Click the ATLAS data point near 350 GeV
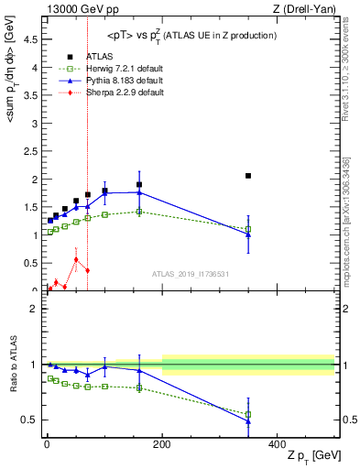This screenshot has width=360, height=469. tap(248, 176)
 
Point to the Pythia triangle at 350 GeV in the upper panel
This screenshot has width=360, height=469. tap(248, 234)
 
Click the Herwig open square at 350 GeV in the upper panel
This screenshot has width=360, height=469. tap(248, 229)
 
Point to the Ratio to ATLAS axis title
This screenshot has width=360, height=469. tap(13, 366)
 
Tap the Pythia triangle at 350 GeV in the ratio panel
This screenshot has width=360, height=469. tap(248, 421)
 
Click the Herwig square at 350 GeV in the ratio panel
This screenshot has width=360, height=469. tap(248, 414)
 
